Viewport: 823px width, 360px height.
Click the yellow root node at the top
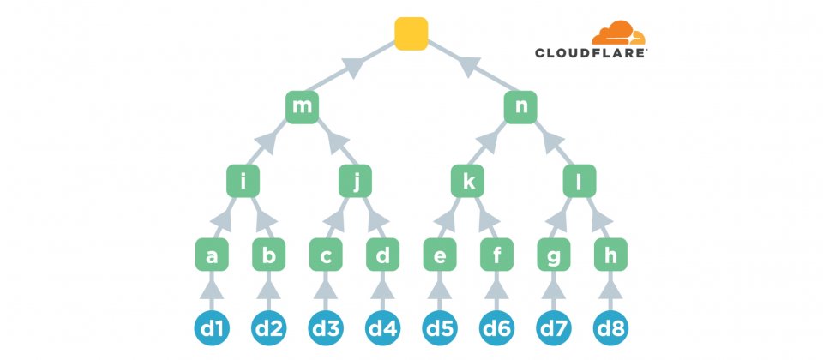point(411,33)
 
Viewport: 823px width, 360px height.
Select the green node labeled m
point(303,106)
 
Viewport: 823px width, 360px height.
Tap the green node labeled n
point(520,106)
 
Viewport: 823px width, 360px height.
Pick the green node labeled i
point(243,181)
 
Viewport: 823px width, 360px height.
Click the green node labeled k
point(468,181)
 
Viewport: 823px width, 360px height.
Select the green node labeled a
point(212,255)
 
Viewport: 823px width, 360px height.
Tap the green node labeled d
point(382,255)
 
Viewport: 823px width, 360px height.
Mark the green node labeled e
point(440,255)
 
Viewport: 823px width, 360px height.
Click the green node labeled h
point(610,255)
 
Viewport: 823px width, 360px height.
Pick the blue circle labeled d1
point(212,327)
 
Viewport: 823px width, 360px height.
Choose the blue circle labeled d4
point(382,327)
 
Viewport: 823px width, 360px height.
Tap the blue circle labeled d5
point(440,327)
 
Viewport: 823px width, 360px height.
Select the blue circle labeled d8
point(610,327)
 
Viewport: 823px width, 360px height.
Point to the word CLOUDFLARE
point(591,53)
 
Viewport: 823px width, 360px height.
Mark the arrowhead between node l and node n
point(549,139)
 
